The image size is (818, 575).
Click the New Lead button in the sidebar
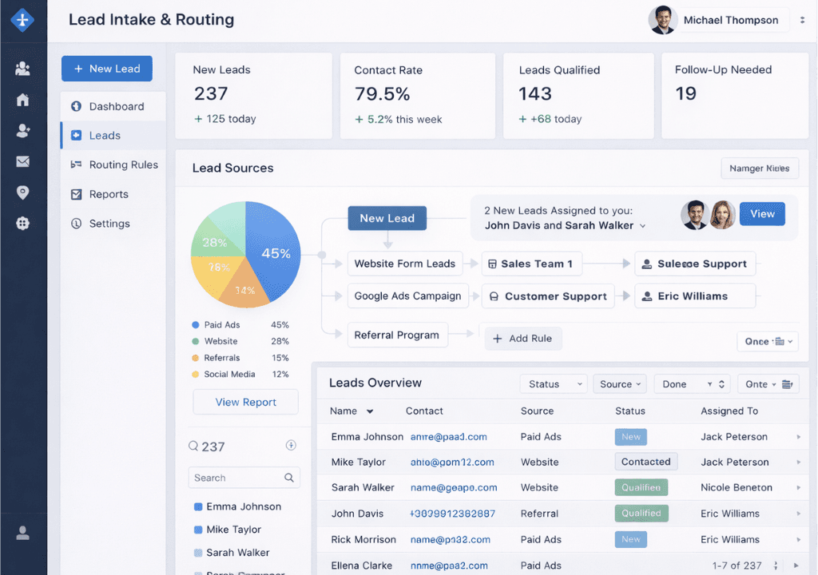point(106,69)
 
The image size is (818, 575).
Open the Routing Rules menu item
point(123,165)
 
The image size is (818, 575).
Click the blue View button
point(762,214)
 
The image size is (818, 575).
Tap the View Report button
point(245,402)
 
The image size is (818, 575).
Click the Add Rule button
point(523,339)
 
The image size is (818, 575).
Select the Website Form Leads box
point(404,264)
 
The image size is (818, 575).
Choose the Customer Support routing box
point(548,296)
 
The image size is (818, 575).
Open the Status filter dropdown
point(553,384)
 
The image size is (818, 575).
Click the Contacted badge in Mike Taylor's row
point(645,462)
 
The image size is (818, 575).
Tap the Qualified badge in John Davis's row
point(641,514)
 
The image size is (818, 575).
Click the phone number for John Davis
point(452,514)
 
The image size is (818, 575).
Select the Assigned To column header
point(729,410)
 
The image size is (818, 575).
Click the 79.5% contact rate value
point(382,94)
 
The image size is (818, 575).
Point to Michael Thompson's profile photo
point(663,21)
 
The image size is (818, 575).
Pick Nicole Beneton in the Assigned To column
point(736,487)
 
